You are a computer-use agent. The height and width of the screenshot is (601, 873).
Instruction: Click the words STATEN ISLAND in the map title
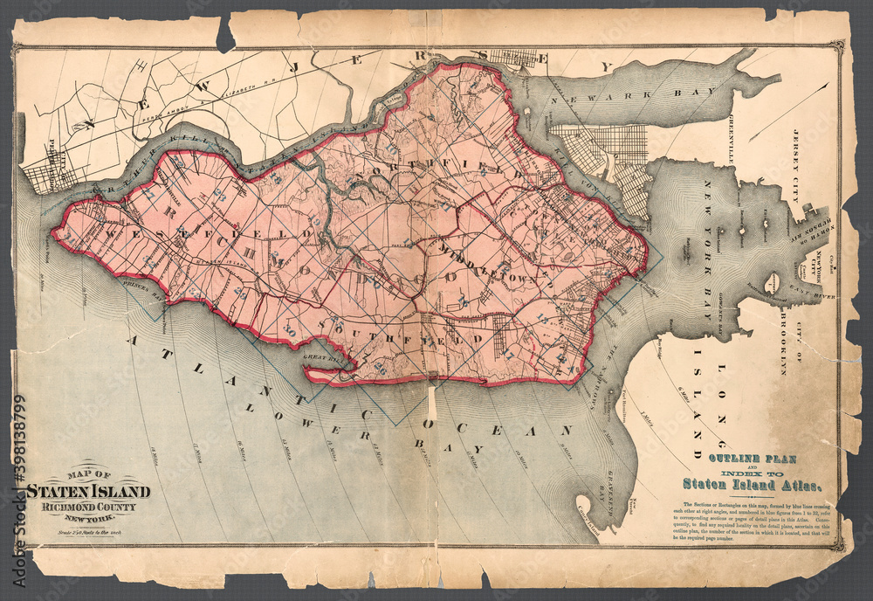[87, 492]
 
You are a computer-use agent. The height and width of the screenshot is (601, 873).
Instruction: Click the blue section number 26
[379, 367]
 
